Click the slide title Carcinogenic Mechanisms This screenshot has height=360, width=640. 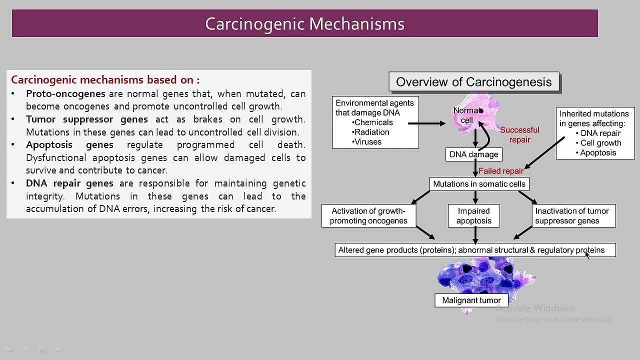(304, 23)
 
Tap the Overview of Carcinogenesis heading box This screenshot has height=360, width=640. (474, 81)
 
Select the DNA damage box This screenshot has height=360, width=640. (473, 154)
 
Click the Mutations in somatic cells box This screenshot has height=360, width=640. (479, 183)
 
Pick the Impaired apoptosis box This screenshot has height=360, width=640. (473, 215)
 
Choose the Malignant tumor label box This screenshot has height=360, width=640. (471, 300)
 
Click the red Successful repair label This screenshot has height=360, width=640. (519, 135)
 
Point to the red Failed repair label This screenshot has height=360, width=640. (501, 171)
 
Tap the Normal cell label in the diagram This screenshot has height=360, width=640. (467, 115)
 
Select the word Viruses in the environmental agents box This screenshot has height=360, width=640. (367, 141)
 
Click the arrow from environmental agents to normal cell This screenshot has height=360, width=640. (426, 123)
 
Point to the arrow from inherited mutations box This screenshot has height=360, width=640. (544, 153)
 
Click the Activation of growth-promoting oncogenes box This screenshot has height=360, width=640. (368, 215)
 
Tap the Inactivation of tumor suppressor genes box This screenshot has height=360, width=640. (573, 215)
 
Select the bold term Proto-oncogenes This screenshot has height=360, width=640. (65, 93)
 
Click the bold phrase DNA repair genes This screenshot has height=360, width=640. (69, 183)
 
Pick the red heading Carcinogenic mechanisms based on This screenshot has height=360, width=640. (105, 79)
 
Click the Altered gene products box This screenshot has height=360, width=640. (475, 250)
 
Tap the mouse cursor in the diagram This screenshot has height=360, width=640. (587, 255)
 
